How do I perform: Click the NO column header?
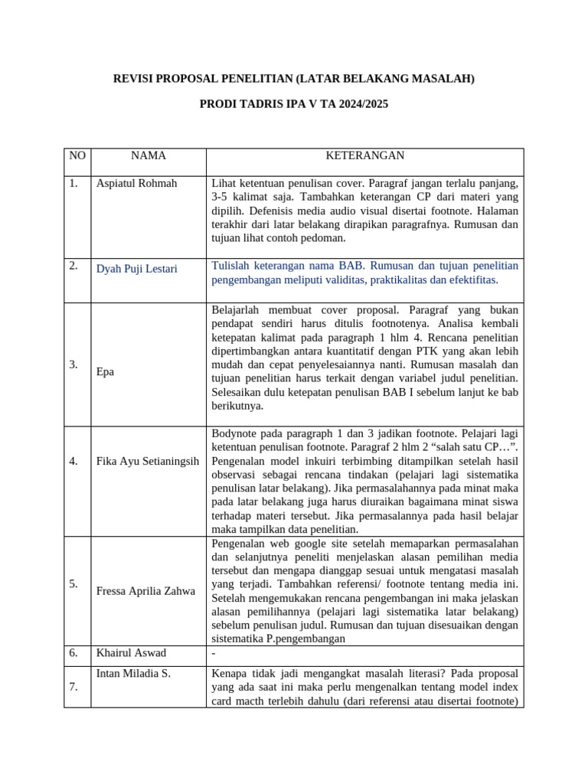click(x=77, y=155)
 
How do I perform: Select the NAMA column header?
click(x=148, y=155)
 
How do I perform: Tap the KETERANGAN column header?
click(x=364, y=155)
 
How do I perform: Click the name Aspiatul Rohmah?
click(x=136, y=184)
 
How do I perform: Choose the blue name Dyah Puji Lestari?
click(x=137, y=269)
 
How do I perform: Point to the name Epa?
click(x=105, y=371)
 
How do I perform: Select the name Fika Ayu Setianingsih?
click(x=148, y=462)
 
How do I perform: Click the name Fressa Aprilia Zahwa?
click(x=145, y=591)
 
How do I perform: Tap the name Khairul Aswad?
click(x=132, y=653)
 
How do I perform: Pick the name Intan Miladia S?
click(x=133, y=674)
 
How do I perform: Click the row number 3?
click(x=73, y=364)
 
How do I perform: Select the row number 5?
click(x=73, y=583)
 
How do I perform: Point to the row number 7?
click(x=73, y=687)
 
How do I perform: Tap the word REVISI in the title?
click(x=133, y=79)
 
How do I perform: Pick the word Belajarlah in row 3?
click(x=237, y=310)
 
